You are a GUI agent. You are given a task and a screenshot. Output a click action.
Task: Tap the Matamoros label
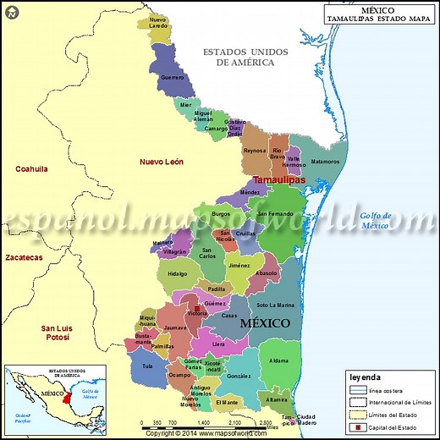(325, 161)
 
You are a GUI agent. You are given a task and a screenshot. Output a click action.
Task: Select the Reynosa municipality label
(255, 151)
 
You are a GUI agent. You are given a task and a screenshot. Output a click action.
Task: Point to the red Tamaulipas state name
(279, 181)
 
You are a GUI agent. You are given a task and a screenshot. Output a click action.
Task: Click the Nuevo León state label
(162, 161)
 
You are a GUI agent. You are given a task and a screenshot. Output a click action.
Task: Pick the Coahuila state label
(31, 168)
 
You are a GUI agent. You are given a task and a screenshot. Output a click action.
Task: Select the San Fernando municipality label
(276, 214)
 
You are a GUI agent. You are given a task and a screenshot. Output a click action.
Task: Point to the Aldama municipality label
(279, 360)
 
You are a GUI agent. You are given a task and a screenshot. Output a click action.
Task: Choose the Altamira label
(277, 399)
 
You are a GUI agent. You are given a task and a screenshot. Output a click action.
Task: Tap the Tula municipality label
(147, 366)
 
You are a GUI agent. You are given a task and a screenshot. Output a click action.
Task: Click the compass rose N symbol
(11, 11)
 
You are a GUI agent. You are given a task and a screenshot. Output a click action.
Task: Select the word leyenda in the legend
(365, 377)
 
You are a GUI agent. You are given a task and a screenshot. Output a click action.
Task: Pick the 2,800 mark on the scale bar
(266, 422)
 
